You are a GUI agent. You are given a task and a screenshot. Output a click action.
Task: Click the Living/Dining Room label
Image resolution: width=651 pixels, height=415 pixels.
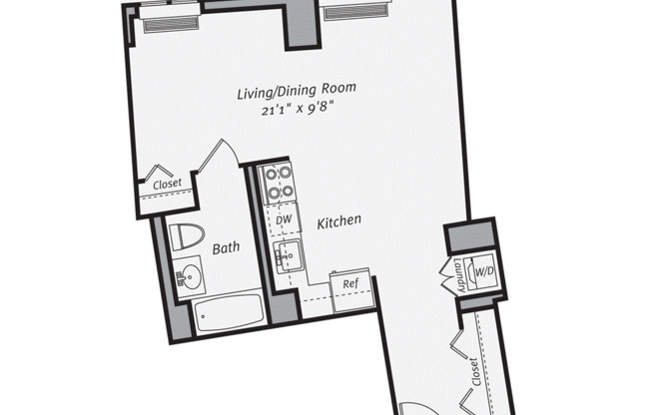297,91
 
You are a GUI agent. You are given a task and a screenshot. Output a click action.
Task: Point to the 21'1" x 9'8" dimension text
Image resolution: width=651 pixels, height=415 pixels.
298,110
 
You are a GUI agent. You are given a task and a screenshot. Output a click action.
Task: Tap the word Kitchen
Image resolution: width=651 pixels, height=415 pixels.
338,221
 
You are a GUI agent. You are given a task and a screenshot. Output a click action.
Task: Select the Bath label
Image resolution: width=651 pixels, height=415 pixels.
226,248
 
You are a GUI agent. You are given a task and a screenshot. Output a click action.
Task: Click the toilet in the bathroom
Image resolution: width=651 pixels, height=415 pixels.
187,236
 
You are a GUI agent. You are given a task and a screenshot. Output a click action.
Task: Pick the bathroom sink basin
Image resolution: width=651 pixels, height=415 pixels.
192,275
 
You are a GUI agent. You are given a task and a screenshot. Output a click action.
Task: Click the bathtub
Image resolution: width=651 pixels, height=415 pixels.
229,313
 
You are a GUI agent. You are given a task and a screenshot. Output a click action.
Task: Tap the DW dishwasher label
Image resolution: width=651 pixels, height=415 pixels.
284,219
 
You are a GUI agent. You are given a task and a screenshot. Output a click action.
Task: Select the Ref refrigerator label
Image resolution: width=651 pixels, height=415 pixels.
350,284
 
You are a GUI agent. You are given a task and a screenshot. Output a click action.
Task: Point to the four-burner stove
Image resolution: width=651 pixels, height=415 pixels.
277,183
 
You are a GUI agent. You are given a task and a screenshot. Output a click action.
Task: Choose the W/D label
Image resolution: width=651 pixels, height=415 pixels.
484,271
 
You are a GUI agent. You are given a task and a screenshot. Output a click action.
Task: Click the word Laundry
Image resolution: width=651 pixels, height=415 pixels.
459,276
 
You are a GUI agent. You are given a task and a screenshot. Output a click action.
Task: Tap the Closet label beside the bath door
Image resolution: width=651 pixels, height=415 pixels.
167,184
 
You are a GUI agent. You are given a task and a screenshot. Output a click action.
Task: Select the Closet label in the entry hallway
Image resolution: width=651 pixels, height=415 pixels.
474,372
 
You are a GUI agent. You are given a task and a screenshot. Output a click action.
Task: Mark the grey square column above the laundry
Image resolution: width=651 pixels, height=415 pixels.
470,236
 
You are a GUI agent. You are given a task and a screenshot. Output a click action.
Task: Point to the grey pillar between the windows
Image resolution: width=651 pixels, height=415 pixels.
303,25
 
